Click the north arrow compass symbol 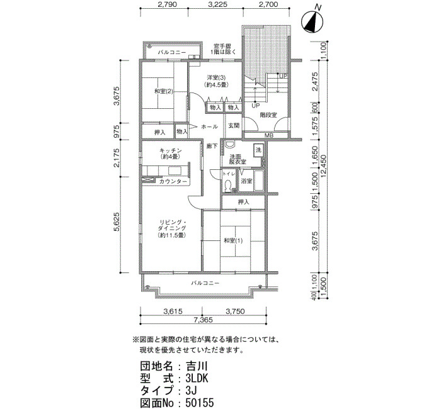tap(312, 20)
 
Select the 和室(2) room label tap(159, 91)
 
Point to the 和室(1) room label tap(233, 240)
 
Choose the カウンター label tap(173, 182)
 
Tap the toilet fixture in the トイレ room tap(228, 186)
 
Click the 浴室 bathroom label tap(246, 181)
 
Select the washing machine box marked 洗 tap(258, 150)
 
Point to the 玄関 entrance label tap(234, 126)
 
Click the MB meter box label tap(268, 135)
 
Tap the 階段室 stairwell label tap(268, 115)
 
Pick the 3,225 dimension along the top tap(216, 4)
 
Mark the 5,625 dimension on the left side tap(117, 221)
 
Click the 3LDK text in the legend tap(197, 378)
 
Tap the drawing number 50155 tap(200, 403)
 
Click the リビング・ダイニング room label tap(171, 228)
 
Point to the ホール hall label tap(209, 126)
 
